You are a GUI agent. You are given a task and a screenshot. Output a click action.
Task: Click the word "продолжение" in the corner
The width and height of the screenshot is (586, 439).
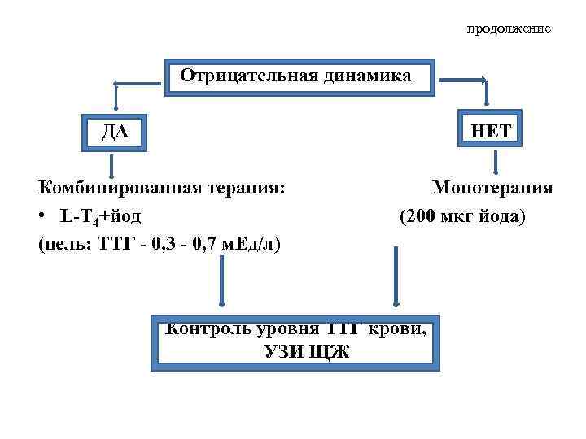tap(509, 28)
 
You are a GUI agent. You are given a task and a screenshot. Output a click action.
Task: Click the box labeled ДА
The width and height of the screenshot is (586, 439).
tap(114, 131)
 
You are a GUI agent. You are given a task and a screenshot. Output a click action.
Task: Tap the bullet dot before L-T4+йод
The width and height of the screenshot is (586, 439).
tap(43, 217)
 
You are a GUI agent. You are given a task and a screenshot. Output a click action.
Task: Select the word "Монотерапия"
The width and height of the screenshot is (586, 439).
tap(492, 189)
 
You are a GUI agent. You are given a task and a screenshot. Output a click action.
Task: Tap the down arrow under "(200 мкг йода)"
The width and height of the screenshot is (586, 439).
tap(396, 276)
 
